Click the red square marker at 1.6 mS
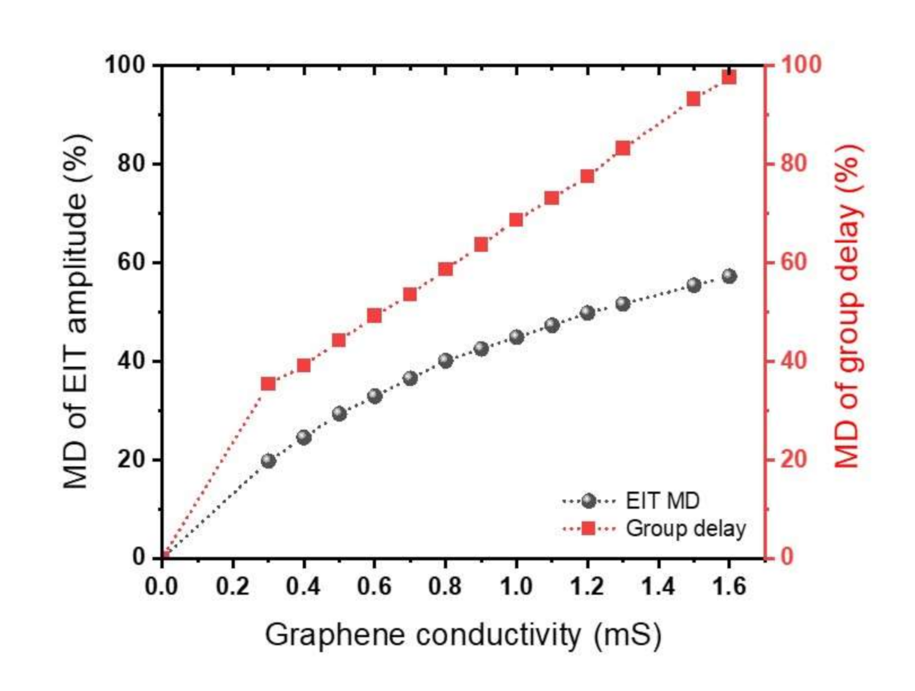click(x=729, y=78)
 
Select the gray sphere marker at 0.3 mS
click(x=269, y=461)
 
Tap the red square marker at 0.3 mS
click(x=268, y=384)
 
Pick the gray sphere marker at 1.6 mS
click(x=729, y=276)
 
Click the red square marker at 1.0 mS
click(x=516, y=220)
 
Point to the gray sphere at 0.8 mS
click(x=445, y=360)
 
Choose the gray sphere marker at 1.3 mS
click(x=623, y=304)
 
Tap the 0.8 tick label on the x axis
click(x=445, y=587)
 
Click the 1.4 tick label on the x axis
click(x=658, y=587)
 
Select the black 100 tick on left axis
click(x=126, y=65)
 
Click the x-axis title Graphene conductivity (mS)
click(x=463, y=635)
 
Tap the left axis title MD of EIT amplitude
click(x=76, y=311)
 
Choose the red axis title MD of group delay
click(x=847, y=306)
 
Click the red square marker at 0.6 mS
click(x=374, y=316)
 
